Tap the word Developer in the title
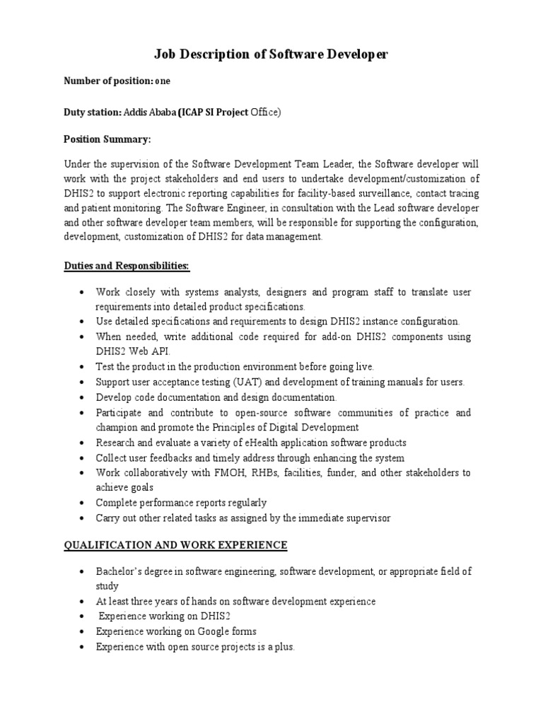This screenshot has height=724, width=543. click(353, 54)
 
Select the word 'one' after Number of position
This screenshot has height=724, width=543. click(163, 81)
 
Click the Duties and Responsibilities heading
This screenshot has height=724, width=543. click(127, 265)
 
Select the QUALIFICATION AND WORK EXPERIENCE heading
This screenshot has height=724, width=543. click(175, 545)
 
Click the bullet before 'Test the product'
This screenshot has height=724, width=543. click(83, 368)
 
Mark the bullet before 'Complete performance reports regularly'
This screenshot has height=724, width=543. click(83, 503)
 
